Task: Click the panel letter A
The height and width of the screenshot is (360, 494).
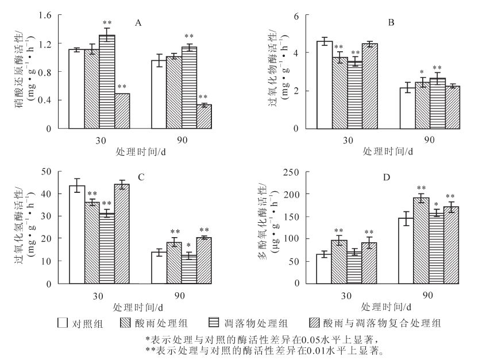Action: [138, 23]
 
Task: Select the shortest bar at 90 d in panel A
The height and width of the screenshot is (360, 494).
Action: [204, 117]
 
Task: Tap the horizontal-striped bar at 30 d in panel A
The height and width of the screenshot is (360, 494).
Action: [107, 82]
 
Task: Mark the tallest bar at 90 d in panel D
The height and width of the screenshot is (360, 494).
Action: [421, 241]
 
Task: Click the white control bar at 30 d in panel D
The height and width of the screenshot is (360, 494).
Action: [324, 269]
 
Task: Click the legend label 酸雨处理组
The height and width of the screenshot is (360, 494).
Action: [159, 323]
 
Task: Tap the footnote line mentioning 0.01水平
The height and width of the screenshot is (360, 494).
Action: [265, 349]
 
